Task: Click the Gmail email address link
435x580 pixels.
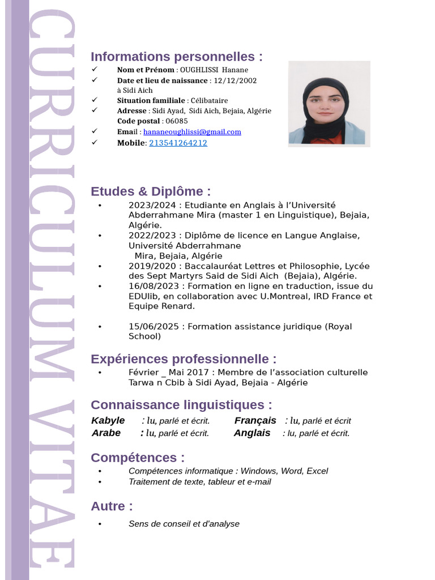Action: [192, 132]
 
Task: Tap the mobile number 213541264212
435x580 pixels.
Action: [178, 143]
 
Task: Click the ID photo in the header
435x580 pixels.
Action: [329, 104]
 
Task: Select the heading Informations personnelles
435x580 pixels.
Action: [177, 57]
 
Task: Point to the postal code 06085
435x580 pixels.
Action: [176, 121]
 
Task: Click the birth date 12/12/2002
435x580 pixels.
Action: [235, 80]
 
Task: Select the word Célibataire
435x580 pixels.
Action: [209, 101]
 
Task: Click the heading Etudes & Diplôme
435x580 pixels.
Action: [151, 191]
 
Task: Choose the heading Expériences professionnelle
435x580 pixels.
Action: [184, 359]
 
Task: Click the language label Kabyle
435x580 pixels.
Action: [108, 421]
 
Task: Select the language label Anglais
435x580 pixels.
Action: [252, 433]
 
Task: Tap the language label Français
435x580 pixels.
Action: [255, 421]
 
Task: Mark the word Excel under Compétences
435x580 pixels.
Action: [317, 471]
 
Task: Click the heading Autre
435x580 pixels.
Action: [112, 506]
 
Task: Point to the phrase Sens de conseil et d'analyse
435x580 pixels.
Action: [184, 524]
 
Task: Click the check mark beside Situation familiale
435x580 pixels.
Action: [95, 100]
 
